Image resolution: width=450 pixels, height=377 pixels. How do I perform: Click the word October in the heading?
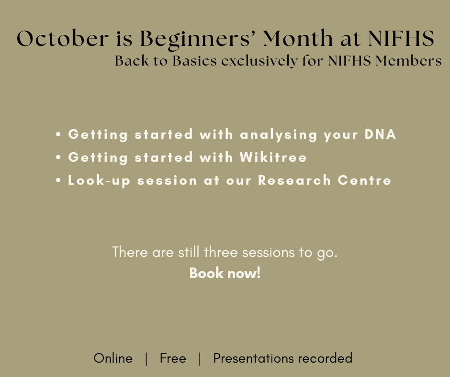coord(63,38)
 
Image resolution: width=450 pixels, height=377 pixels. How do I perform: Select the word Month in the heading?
coord(298,38)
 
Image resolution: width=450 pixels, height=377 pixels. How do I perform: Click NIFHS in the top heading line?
coord(401,38)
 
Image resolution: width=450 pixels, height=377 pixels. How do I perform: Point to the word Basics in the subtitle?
coord(194,61)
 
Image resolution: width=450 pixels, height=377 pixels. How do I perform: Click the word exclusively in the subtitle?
coord(259,61)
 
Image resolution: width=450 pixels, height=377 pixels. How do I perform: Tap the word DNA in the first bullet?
coord(380,134)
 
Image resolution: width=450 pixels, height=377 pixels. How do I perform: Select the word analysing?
coord(279,135)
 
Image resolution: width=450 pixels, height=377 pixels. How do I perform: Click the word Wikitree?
coord(273,157)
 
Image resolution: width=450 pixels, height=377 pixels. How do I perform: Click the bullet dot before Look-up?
coord(58,180)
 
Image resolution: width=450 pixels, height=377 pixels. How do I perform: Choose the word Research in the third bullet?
coord(294,180)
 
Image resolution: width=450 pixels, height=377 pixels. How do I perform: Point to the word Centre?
coord(364,180)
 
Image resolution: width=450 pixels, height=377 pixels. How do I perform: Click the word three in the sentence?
coord(221,252)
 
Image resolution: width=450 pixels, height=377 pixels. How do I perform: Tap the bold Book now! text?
coord(225,273)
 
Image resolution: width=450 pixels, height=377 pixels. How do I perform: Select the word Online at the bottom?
coord(113,358)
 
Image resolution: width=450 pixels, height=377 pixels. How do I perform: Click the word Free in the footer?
coord(173,358)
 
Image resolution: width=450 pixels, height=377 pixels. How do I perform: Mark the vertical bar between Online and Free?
coord(146,359)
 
